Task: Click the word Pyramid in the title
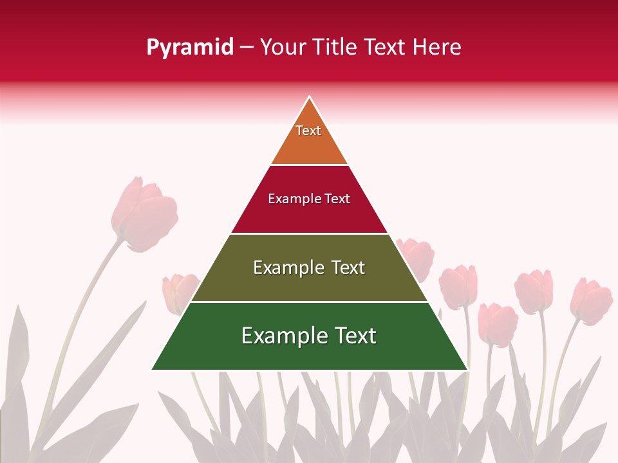point(189,48)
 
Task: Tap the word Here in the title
point(436,48)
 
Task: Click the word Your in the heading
point(282,48)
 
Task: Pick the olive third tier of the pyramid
point(309,283)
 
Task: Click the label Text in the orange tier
point(308,131)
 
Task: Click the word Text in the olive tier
point(348,268)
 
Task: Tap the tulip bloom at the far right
point(591,300)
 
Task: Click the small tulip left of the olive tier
point(180,291)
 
